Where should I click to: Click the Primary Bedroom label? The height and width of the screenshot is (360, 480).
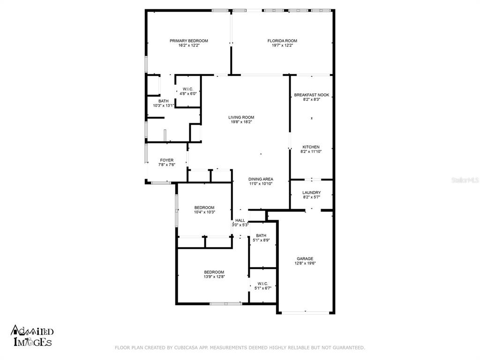189,41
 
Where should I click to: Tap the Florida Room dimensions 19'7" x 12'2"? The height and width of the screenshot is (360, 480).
282,45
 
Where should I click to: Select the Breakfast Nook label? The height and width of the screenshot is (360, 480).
312,95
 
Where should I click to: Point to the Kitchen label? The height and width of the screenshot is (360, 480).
311,147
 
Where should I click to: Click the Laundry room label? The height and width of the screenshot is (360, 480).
312,193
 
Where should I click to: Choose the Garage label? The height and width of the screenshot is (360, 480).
305,259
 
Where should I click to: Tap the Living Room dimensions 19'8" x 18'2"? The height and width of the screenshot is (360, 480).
241,122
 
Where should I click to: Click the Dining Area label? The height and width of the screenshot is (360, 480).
261,179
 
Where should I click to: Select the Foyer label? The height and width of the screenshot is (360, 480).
167,160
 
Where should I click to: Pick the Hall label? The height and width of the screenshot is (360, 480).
240,220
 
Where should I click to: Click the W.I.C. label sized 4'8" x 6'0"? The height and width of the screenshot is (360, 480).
188,89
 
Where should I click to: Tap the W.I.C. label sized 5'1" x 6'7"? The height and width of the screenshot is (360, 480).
263,284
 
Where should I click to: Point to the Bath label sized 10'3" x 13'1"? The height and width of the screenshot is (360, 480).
164,101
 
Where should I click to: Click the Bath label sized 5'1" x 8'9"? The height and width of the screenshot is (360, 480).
261,235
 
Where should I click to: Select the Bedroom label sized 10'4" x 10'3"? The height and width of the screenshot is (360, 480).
204,208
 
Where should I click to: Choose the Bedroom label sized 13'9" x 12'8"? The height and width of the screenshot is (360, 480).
214,272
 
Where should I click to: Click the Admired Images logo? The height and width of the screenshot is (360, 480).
32,336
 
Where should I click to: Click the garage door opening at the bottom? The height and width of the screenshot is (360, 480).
306,313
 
